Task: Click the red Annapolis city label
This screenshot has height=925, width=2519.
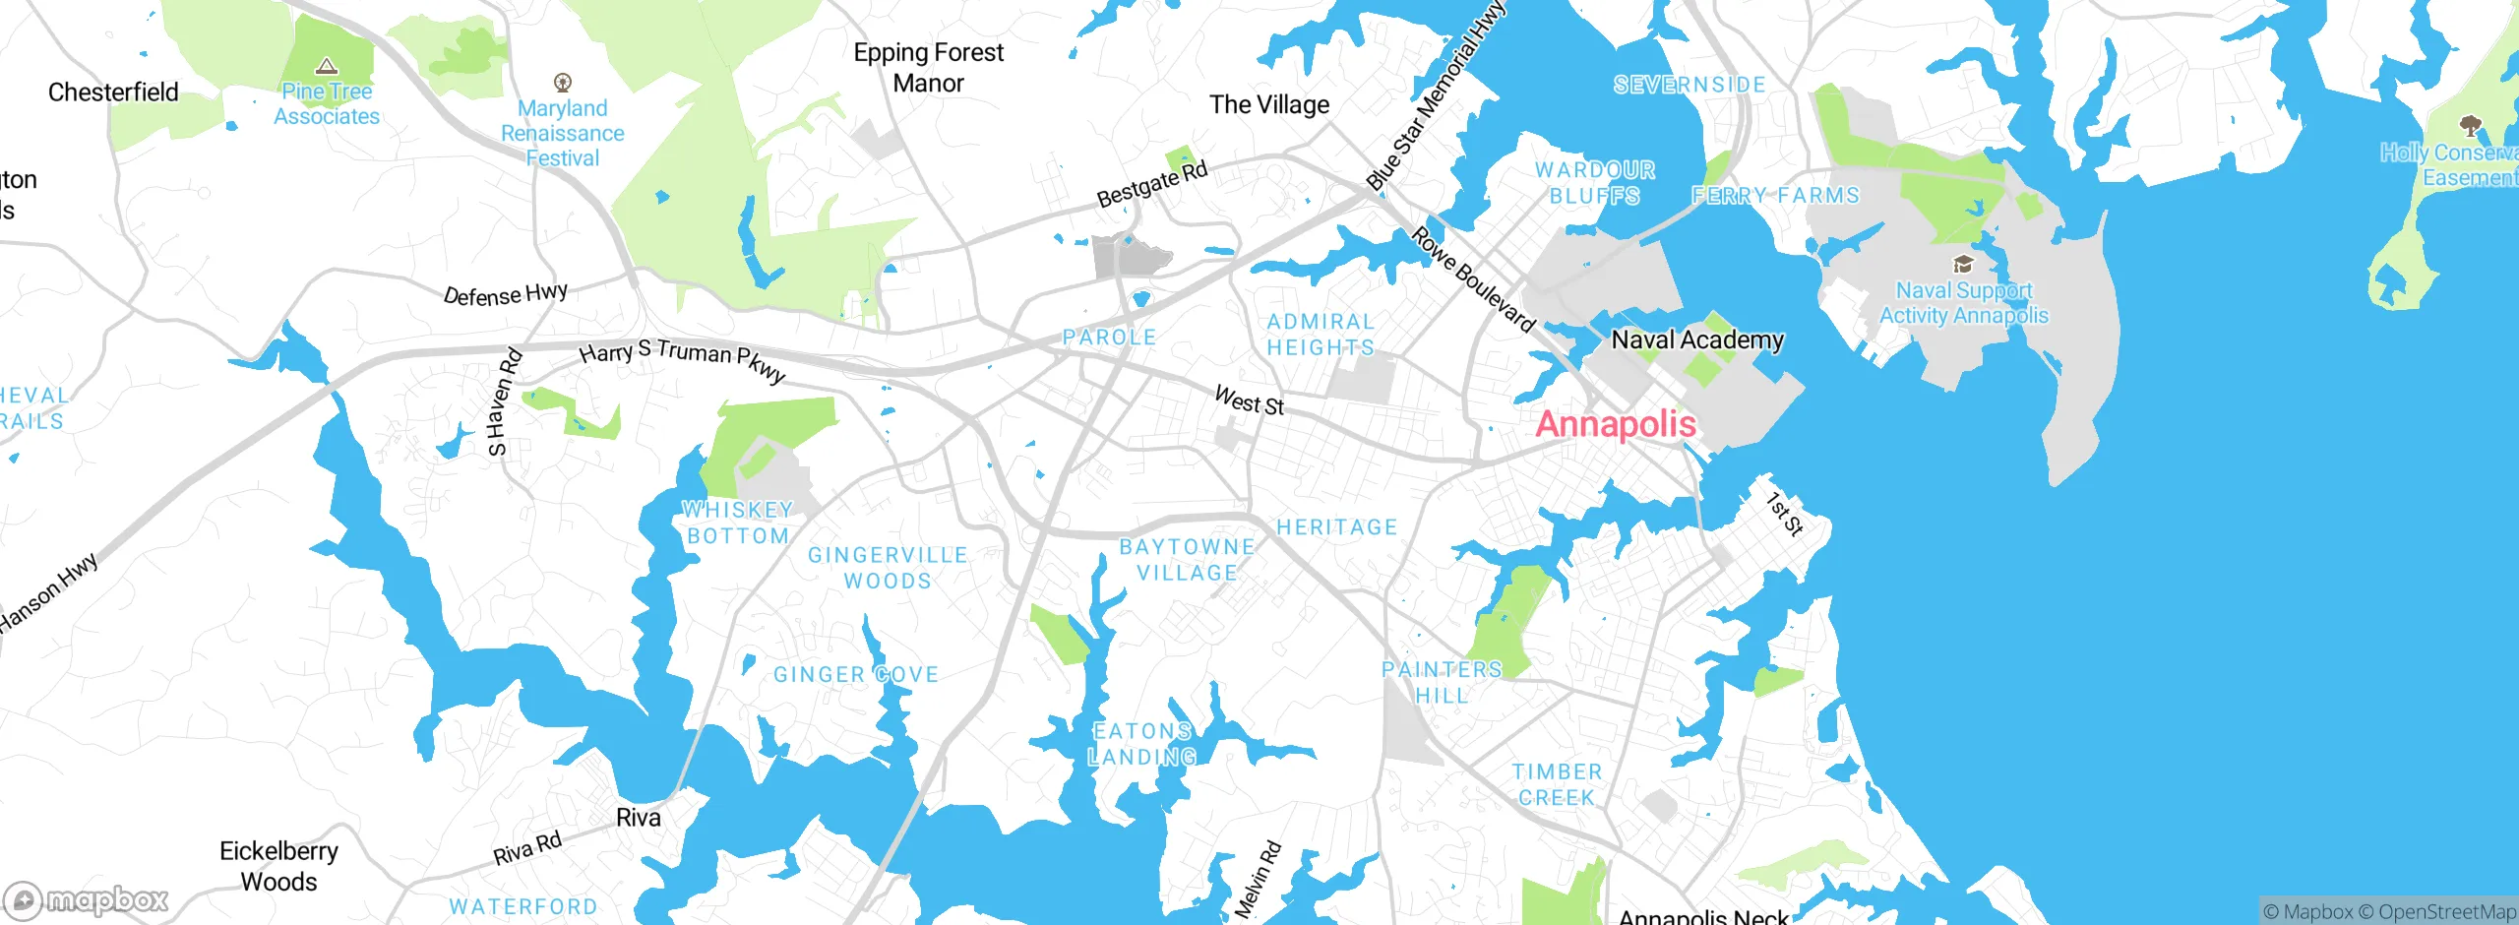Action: (x=1615, y=424)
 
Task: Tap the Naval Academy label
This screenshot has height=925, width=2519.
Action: (x=1696, y=340)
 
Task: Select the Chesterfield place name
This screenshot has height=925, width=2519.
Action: (x=113, y=92)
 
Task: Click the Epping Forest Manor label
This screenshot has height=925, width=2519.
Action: (x=928, y=68)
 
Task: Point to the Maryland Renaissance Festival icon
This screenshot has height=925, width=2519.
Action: (x=563, y=82)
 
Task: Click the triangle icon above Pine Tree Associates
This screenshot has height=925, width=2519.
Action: (x=327, y=67)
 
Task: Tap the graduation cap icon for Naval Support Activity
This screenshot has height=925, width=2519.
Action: (x=1963, y=264)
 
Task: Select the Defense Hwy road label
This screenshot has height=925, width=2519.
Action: (x=505, y=294)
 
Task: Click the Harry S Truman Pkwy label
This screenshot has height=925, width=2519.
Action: (x=682, y=360)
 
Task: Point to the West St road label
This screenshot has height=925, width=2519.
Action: (x=1249, y=401)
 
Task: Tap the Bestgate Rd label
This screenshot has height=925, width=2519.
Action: (x=1151, y=185)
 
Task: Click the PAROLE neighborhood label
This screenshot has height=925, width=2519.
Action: (x=1109, y=338)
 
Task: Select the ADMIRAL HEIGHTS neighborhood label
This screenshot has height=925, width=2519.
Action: (x=1321, y=335)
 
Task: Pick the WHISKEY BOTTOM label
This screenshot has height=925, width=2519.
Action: (x=738, y=523)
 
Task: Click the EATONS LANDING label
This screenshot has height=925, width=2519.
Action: (x=1142, y=744)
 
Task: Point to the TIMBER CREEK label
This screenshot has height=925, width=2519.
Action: (x=1557, y=784)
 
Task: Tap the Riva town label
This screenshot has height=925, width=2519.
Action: (x=638, y=818)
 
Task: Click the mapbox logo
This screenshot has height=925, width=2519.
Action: (x=87, y=899)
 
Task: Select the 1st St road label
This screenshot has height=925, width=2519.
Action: (x=1784, y=514)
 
